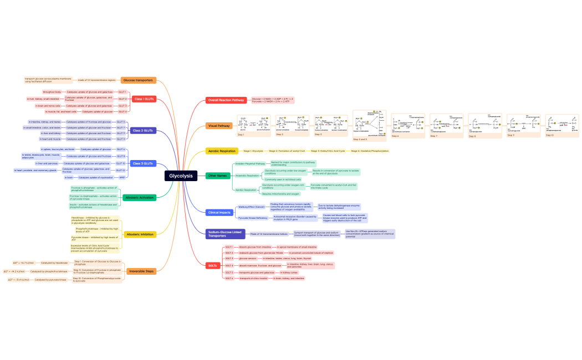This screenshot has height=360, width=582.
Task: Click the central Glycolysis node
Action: (x=181, y=176)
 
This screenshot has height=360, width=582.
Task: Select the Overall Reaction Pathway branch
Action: (x=226, y=100)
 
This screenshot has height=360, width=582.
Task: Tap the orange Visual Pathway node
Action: (x=219, y=126)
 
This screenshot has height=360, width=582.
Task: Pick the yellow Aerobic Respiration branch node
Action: (x=222, y=151)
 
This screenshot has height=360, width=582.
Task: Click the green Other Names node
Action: (x=218, y=176)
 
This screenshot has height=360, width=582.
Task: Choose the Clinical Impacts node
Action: (x=219, y=212)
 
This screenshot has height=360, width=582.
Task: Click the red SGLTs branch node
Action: (x=213, y=266)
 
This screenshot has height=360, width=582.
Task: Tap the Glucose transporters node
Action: (x=137, y=80)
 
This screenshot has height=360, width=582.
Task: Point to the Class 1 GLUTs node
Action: (x=144, y=99)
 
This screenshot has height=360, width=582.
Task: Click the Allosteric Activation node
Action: (x=139, y=197)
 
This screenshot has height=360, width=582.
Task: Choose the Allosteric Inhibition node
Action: (x=140, y=235)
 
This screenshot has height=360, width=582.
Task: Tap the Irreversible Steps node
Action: (x=141, y=271)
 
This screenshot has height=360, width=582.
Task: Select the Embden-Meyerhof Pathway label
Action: (x=250, y=164)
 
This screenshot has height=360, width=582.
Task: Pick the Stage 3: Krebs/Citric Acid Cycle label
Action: (x=328, y=151)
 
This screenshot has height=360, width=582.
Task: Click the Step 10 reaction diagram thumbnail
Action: (x=561, y=125)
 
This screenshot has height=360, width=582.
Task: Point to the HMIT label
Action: (x=122, y=177)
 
